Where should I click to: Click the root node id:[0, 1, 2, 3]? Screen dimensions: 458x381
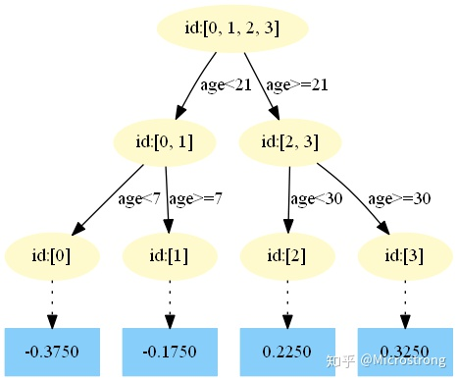[232, 28]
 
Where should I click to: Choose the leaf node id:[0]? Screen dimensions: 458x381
[52, 256]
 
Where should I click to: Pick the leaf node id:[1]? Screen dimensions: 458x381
[170, 256]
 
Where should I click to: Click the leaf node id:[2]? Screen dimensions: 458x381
[287, 256]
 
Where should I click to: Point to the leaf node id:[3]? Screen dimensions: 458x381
[405, 256]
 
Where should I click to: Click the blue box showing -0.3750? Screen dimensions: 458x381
[52, 352]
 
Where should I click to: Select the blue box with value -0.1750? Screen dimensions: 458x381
[170, 352]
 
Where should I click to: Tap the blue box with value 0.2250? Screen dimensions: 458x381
[287, 352]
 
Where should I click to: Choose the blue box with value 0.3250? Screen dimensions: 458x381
[405, 352]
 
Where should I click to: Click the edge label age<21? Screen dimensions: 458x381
[226, 85]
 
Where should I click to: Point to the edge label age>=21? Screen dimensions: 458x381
[297, 85]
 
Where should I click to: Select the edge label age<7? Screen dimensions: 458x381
[139, 199]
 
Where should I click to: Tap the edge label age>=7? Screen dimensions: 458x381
[195, 199]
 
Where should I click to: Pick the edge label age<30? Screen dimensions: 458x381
[317, 199]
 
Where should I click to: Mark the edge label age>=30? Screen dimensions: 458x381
[399, 199]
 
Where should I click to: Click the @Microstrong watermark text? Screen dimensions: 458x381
[403, 360]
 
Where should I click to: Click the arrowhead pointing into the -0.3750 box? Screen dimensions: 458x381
[52, 321]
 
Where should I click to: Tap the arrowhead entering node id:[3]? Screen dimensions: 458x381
[383, 228]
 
